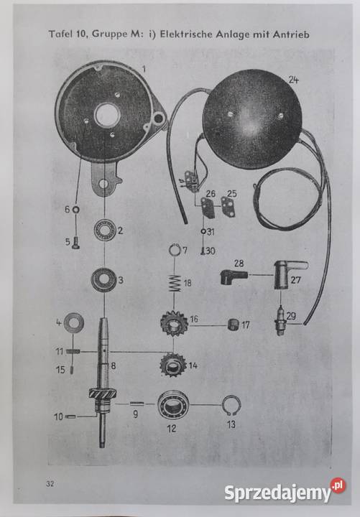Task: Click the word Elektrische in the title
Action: (186, 34)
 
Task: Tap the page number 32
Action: (50, 484)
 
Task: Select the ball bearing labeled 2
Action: (105, 230)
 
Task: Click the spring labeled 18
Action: (174, 284)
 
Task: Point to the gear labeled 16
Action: (174, 323)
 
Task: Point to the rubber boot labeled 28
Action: (234, 276)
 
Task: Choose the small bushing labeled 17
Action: (234, 324)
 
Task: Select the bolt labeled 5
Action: (75, 243)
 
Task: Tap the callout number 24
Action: (293, 80)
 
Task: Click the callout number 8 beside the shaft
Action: (114, 365)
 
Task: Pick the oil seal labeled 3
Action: (103, 279)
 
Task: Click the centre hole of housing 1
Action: (106, 115)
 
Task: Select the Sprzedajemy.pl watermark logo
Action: (285, 490)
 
